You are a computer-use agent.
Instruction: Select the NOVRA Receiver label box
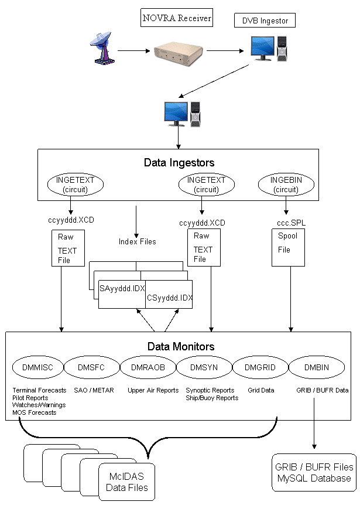(177, 19)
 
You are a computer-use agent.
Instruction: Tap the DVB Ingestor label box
(265, 21)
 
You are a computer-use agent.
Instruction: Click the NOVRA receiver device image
(177, 54)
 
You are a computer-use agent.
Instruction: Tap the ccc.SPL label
(287, 223)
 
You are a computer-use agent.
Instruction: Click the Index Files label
(137, 241)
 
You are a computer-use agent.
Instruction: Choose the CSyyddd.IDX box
(169, 297)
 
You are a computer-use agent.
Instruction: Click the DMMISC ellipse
(37, 367)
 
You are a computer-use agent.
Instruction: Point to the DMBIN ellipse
(317, 367)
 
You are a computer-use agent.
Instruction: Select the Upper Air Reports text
(153, 390)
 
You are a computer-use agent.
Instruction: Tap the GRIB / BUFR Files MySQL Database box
(314, 472)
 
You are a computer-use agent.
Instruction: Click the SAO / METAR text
(94, 390)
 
